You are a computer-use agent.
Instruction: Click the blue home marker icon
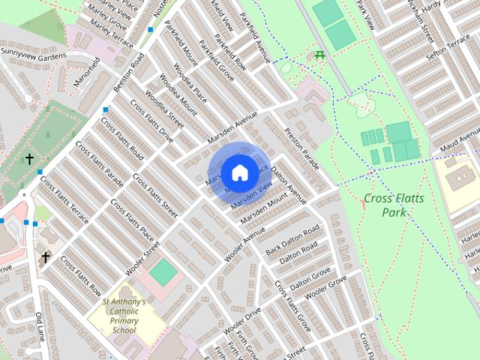click(239, 173)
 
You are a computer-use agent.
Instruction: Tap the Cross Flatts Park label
click(394, 205)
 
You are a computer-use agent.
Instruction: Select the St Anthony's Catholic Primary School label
click(124, 315)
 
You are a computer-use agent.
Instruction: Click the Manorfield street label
click(88, 71)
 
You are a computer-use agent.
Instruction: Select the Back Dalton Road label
click(298, 238)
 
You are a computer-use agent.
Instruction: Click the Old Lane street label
click(40, 326)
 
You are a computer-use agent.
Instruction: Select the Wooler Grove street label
click(327, 289)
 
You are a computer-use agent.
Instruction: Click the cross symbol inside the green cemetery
click(29, 159)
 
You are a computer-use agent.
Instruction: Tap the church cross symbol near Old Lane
click(45, 257)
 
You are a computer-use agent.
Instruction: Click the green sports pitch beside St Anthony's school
click(162, 271)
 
